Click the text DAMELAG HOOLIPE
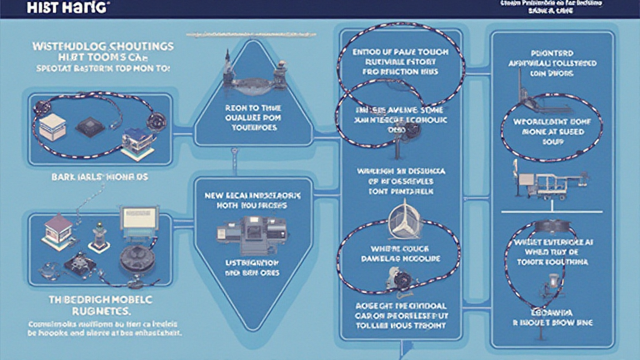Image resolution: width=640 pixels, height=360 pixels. (x=401, y=257)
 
